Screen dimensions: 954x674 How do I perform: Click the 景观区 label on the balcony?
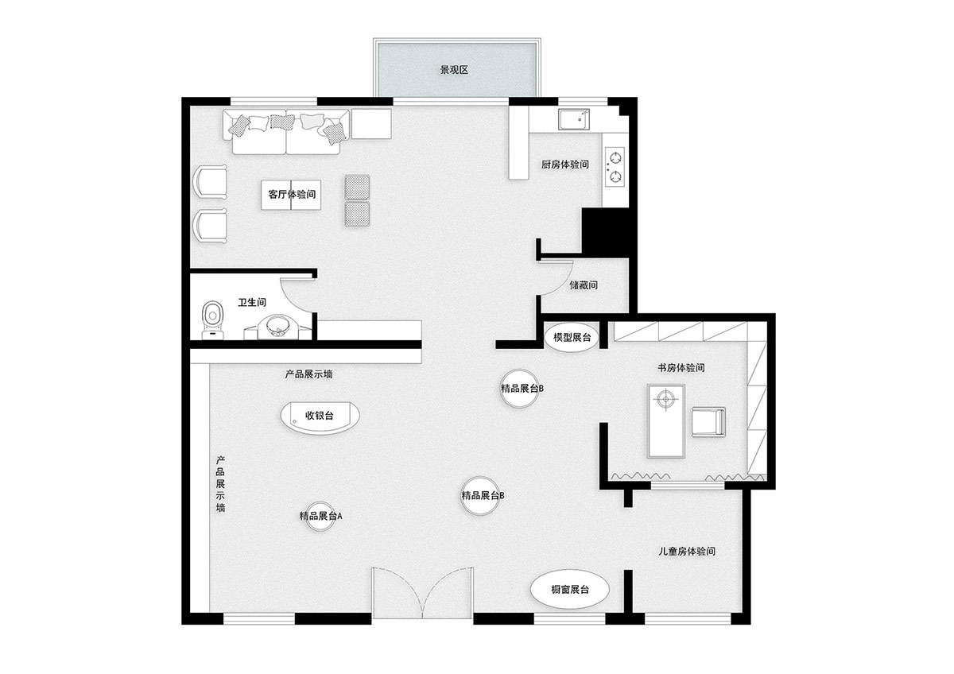pos(454,70)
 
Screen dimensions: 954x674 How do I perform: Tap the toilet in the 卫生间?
pos(212,320)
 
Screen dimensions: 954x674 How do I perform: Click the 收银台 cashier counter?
pos(320,417)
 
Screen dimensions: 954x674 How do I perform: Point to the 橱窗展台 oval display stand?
pos(569,590)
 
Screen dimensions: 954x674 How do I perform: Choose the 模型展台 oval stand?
pos(572,338)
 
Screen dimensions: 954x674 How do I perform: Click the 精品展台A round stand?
pos(320,516)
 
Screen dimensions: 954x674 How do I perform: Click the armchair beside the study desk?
pos(708,421)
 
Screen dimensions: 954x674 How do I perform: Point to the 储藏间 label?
pos(584,285)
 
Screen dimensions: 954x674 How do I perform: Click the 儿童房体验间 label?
pos(687,551)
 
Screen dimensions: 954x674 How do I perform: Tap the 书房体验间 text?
pos(681,367)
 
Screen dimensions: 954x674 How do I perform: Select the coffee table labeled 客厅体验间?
pos(291,195)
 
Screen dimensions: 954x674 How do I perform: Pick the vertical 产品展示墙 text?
pos(220,484)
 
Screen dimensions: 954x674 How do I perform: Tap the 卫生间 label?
pos(252,302)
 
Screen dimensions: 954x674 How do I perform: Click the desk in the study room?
pos(666,420)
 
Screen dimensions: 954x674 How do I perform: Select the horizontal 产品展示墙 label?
pos(308,374)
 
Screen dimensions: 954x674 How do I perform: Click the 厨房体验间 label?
pos(565,165)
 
